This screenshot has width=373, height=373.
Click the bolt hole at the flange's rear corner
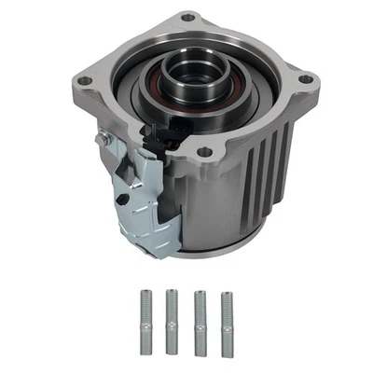[x=188, y=17]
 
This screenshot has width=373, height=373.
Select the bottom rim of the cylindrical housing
[x=219, y=252]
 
